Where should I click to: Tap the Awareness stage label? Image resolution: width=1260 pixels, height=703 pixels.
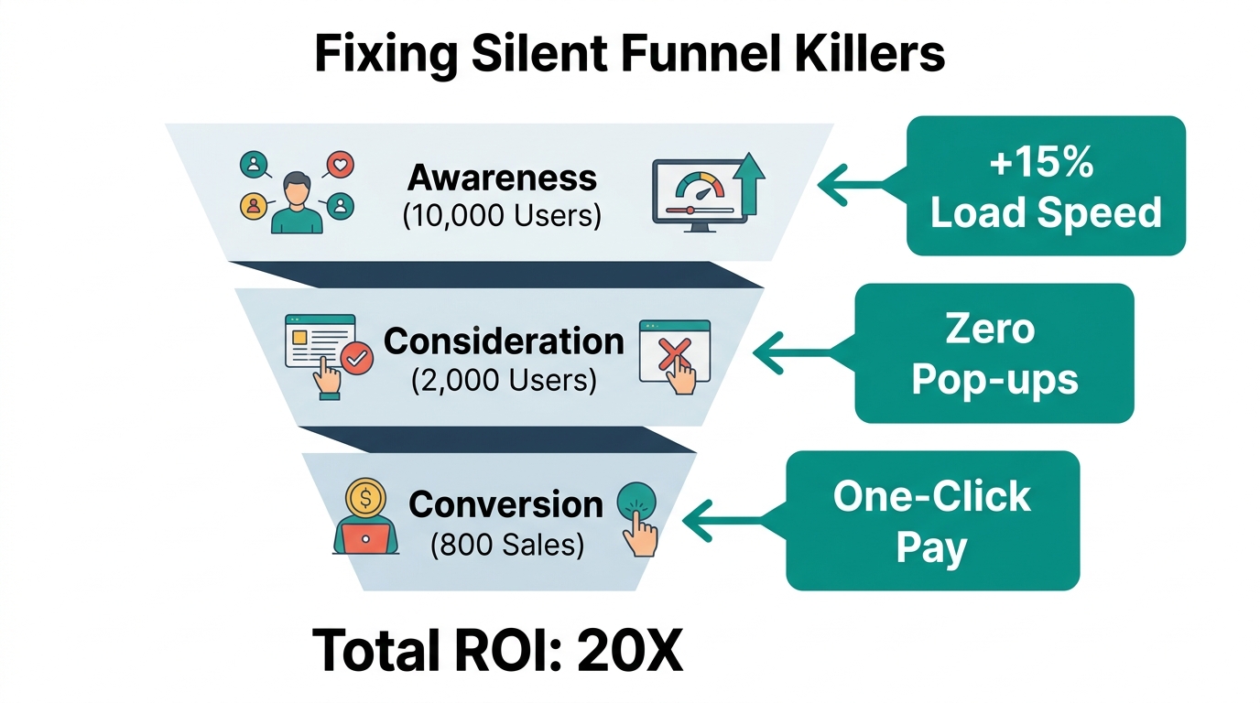tap(502, 178)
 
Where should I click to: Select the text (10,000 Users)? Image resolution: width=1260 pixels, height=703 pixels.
tap(502, 216)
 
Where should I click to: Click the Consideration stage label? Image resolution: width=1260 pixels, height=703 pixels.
tap(504, 341)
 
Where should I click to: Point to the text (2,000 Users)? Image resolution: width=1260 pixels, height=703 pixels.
tap(503, 379)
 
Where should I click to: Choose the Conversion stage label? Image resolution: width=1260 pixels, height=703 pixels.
tap(505, 504)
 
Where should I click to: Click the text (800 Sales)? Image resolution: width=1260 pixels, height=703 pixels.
tap(506, 545)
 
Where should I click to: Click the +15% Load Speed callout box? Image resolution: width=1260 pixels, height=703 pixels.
tap(1045, 186)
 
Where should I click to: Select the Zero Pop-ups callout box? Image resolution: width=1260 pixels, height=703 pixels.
tap(994, 352)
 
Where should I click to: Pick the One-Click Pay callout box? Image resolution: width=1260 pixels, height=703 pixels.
tap(932, 520)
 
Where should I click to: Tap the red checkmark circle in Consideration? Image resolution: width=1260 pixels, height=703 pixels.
tap(355, 359)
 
